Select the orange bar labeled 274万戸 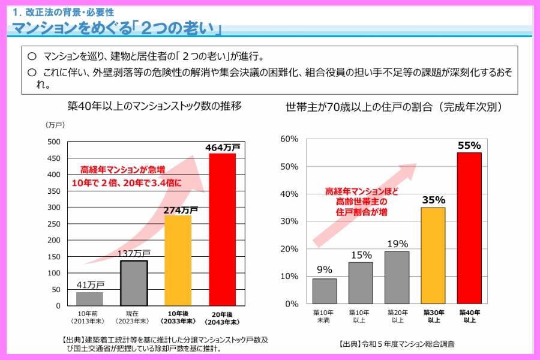[x=178, y=260]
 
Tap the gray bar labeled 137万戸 [x=134, y=283]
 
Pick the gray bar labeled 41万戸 [x=89, y=298]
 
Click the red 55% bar [x=469, y=228]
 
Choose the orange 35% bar [x=433, y=256]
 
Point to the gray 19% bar [x=397, y=277]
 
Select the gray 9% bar [x=325, y=291]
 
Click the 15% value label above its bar [x=361, y=255]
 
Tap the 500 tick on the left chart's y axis [x=54, y=142]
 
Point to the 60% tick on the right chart [x=289, y=139]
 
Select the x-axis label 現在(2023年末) [x=133, y=317]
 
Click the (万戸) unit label [x=55, y=124]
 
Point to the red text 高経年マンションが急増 [x=122, y=170]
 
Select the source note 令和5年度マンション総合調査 [x=397, y=344]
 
